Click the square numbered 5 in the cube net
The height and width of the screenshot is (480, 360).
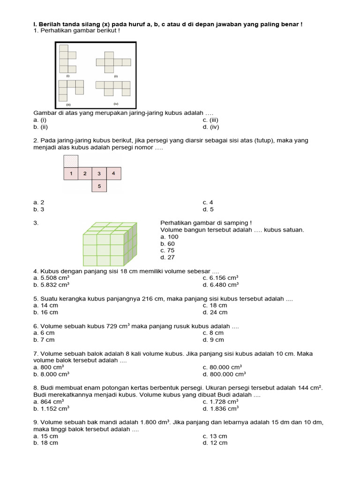[99, 186]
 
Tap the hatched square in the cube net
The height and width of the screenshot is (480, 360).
[71, 161]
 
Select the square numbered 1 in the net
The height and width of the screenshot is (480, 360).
[71, 173]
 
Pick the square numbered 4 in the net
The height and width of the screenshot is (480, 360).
[113, 173]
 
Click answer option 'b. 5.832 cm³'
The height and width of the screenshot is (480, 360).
[52, 285]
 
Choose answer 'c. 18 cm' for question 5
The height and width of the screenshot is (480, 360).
[215, 305]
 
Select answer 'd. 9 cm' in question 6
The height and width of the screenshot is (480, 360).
[213, 340]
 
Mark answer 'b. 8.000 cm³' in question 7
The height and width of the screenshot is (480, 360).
[52, 375]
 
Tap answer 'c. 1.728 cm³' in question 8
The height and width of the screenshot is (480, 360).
[220, 402]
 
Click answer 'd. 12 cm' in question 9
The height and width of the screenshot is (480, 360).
[215, 443]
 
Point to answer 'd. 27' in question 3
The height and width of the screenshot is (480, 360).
[167, 257]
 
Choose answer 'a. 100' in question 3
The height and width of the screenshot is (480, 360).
[169, 237]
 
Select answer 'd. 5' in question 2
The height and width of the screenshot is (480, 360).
[208, 210]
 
